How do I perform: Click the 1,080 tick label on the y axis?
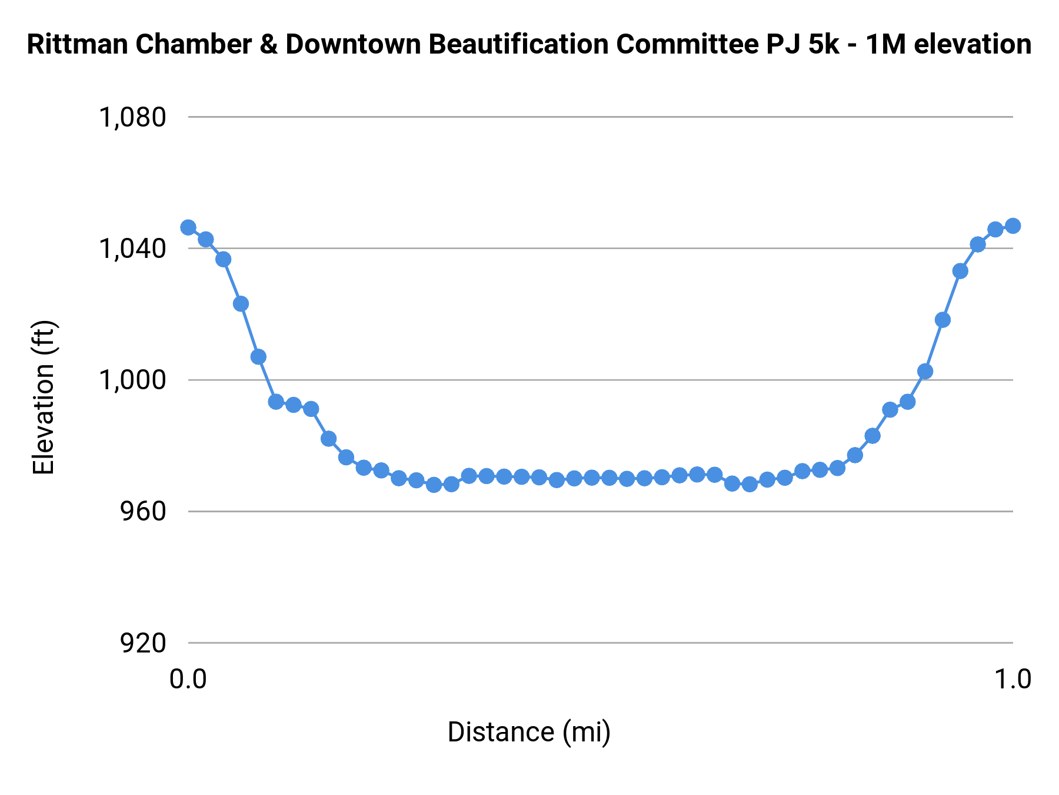point(132,118)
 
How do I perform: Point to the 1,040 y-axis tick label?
point(132,249)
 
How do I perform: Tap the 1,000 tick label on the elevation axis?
point(132,380)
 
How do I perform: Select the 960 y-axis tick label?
point(143,512)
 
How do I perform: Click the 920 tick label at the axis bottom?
point(143,643)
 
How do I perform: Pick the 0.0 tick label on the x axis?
point(188,679)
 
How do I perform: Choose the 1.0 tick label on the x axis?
point(1013,679)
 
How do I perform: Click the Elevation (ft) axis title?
point(44,397)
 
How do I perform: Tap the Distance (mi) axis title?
point(529,732)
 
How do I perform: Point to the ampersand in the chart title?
point(268,45)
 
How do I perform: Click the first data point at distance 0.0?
point(188,227)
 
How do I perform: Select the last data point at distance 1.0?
point(1013,226)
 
